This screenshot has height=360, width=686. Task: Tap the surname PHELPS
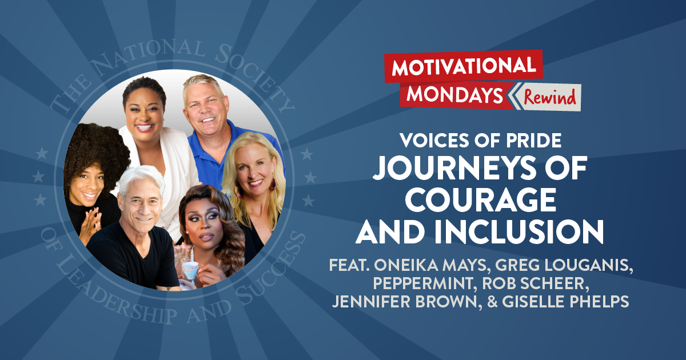point(597,301)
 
